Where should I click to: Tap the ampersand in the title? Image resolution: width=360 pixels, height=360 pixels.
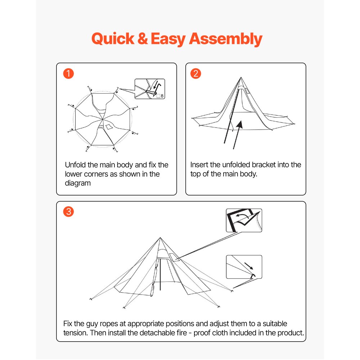[143, 39]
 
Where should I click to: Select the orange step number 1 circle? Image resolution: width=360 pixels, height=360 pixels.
[68, 74]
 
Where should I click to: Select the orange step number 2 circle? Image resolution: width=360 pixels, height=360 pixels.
[196, 74]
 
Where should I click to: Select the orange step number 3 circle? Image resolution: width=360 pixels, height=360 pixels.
[68, 212]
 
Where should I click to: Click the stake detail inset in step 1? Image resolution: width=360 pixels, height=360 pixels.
[149, 89]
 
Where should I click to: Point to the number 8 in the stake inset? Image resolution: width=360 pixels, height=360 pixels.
[162, 96]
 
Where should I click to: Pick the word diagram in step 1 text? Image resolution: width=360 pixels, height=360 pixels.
[77, 183]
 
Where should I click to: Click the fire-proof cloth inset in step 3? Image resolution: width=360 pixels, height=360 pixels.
[244, 220]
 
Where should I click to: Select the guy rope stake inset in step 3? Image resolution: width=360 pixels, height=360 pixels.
[244, 267]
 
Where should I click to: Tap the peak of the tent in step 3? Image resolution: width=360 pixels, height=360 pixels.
[160, 238]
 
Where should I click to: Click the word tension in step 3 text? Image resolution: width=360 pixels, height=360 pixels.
[75, 333]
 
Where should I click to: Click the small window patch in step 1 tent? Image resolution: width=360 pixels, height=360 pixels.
[108, 126]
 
